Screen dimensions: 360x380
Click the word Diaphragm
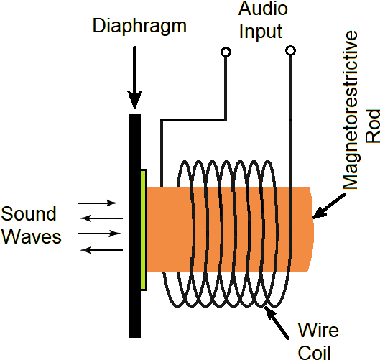click(x=139, y=27)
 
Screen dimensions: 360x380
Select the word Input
click(x=261, y=32)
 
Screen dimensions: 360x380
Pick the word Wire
click(x=318, y=331)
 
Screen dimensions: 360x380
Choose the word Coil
click(x=315, y=351)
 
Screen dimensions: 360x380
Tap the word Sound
click(x=29, y=214)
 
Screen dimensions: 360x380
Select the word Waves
click(x=31, y=237)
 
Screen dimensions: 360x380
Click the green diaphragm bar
click(x=144, y=230)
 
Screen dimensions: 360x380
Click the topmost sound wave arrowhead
click(x=111, y=203)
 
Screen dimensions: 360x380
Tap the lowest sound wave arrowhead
click(x=87, y=249)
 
